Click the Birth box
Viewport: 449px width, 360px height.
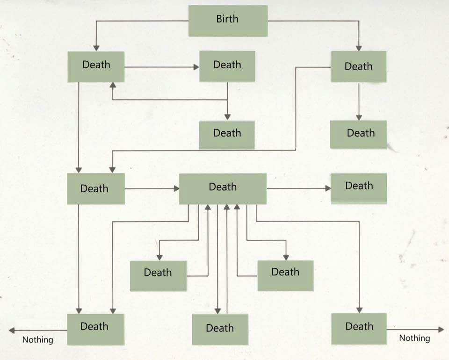click(x=228, y=21)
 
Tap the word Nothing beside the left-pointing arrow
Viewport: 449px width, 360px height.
click(x=38, y=340)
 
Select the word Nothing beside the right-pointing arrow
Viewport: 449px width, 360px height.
click(x=415, y=338)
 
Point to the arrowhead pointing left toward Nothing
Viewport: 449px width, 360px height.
click(x=12, y=331)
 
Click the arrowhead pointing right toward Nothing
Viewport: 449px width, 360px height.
click(x=441, y=330)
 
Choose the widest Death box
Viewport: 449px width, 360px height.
click(x=223, y=188)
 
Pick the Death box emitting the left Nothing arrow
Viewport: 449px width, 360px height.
click(x=95, y=329)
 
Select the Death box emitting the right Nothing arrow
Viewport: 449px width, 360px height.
click(x=359, y=329)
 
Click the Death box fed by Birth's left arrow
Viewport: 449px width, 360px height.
click(x=96, y=67)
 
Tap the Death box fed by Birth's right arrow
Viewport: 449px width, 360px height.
click(x=359, y=67)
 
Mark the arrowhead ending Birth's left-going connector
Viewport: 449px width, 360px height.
click(x=96, y=48)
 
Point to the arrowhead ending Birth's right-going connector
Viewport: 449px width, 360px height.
click(x=359, y=48)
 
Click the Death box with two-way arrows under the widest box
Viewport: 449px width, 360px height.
click(x=220, y=330)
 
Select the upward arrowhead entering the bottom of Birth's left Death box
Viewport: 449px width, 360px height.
click(x=113, y=85)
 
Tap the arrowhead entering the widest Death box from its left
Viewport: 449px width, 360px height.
click(x=176, y=188)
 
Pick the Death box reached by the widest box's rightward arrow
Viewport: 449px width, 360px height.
click(x=359, y=188)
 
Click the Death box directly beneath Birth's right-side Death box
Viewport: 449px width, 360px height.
click(x=359, y=135)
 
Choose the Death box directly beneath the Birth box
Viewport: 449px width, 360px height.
click(x=227, y=66)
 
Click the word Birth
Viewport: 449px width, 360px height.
click(x=227, y=19)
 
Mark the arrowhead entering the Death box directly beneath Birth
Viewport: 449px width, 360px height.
click(x=196, y=67)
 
